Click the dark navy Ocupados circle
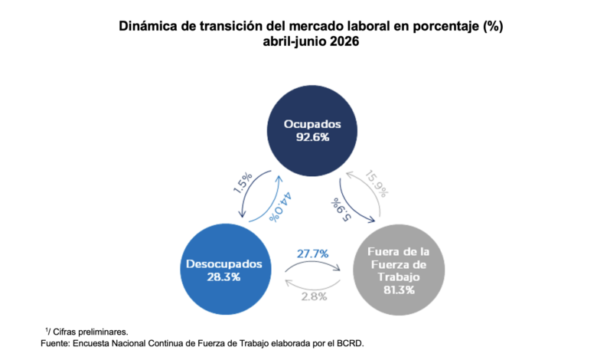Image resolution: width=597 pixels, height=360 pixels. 312,131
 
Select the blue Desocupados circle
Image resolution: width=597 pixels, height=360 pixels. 226,269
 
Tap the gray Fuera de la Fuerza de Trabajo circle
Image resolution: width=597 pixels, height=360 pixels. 399,270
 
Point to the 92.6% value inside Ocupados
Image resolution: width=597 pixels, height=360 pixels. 312,137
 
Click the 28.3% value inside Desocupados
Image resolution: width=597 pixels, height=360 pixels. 223,277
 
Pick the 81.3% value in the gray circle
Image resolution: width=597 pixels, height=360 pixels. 399,290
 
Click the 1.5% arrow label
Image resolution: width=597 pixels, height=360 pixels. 242,183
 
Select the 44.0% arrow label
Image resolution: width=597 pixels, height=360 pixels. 281,207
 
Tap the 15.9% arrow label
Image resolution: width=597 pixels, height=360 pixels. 377,184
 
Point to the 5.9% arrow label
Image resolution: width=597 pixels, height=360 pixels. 341,210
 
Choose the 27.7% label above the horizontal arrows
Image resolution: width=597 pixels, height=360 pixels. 312,254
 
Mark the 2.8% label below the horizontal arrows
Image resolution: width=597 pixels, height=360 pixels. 314,296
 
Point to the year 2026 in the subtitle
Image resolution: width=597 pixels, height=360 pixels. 344,41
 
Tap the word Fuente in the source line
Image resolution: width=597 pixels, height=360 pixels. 55,343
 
